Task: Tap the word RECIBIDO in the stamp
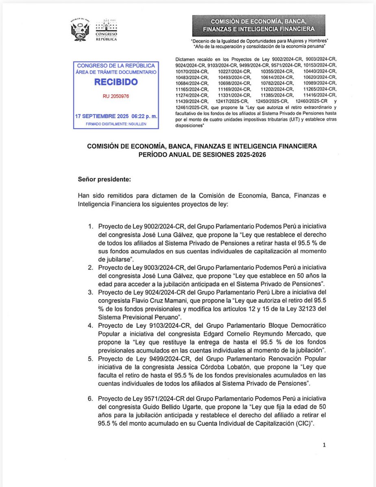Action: click(116, 82)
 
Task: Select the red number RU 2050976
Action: click(116, 97)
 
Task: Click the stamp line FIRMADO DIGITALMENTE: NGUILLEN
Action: click(116, 124)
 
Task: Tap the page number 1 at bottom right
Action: click(324, 445)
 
